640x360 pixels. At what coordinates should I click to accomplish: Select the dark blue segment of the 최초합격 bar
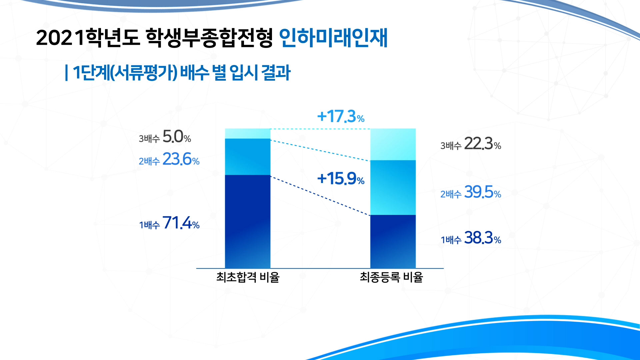tap(248, 221)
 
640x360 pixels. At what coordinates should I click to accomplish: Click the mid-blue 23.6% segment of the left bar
tap(248, 157)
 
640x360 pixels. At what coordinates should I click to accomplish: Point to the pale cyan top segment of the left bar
tap(248, 133)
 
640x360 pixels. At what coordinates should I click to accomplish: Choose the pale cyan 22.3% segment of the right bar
tap(393, 144)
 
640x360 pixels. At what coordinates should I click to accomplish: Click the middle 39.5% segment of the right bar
tap(393, 188)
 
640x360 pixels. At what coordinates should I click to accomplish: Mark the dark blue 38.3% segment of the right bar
tap(393, 241)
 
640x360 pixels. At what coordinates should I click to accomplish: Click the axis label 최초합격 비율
tap(248, 277)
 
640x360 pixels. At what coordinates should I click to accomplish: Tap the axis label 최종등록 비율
tap(391, 277)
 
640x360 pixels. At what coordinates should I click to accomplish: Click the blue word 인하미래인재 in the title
tap(333, 38)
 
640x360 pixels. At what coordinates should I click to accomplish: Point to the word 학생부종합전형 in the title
tap(209, 38)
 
